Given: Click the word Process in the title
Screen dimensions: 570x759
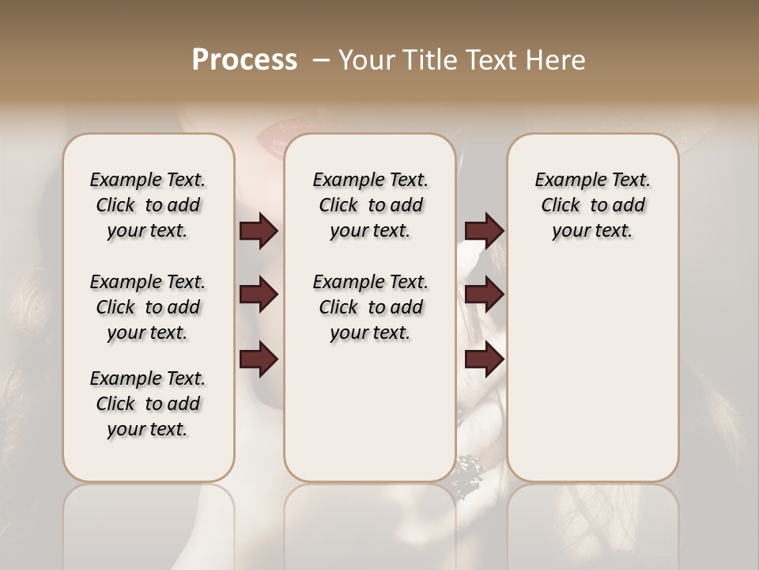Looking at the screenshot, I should click(x=244, y=60).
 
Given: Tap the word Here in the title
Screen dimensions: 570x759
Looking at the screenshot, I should click(x=553, y=60).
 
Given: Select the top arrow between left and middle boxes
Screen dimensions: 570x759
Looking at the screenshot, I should click(x=259, y=230).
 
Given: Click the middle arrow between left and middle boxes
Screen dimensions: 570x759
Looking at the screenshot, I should click(x=259, y=294).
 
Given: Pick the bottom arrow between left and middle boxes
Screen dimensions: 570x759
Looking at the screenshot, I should click(x=259, y=359).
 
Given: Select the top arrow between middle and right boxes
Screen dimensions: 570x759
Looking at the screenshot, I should click(x=484, y=230).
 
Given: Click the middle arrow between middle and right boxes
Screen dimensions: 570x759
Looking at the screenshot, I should click(x=484, y=294).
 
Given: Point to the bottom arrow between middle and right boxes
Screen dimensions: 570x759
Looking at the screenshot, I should click(x=484, y=359).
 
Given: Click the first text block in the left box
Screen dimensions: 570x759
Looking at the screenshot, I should click(x=148, y=205).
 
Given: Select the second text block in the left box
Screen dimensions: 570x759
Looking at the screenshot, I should click(x=148, y=307).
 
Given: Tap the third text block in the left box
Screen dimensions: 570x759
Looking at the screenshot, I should click(x=148, y=404).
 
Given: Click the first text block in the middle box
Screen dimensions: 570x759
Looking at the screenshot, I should click(x=370, y=205).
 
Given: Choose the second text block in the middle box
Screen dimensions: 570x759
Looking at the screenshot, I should click(x=370, y=307).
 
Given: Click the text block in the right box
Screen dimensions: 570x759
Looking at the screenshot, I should click(x=592, y=205).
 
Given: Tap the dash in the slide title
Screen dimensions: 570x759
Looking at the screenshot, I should click(x=321, y=60).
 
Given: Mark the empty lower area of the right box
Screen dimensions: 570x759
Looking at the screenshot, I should click(x=592, y=372).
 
